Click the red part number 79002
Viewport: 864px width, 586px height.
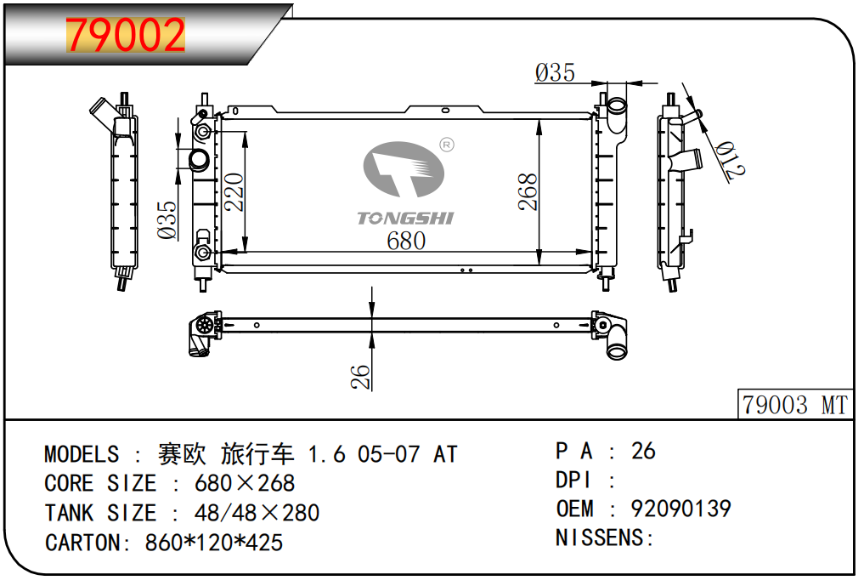click(126, 35)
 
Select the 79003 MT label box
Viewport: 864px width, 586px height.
click(794, 405)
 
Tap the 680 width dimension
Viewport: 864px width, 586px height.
click(406, 241)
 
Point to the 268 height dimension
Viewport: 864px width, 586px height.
click(528, 192)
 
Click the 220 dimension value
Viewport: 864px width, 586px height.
click(234, 192)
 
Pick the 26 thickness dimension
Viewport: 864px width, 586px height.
click(361, 377)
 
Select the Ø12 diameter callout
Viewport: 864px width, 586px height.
click(729, 159)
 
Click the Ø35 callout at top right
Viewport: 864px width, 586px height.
click(555, 73)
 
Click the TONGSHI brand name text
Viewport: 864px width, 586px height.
click(405, 218)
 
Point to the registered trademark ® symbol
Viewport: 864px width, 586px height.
click(446, 145)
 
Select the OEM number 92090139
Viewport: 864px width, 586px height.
click(680, 509)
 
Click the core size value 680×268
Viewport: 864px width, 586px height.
click(245, 483)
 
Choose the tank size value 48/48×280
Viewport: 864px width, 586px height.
click(257, 513)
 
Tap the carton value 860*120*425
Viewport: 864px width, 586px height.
click(215, 542)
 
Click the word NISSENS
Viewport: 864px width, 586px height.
click(600, 538)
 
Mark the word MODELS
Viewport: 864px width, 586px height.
click(82, 454)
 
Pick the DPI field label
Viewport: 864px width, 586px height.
click(573, 480)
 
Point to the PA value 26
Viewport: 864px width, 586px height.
click(643, 451)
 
